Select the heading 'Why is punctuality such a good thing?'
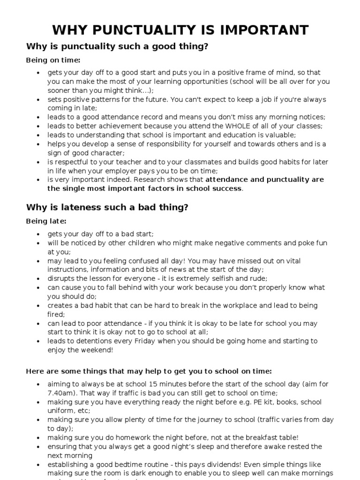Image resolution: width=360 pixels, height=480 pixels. click(117, 46)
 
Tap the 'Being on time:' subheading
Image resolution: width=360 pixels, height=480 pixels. click(53, 60)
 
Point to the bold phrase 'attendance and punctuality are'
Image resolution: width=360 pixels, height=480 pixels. click(264, 180)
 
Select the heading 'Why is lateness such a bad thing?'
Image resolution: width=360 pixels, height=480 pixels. click(107, 207)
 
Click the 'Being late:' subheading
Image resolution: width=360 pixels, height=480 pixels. click(46, 221)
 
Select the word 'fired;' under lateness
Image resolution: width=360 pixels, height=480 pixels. click(56, 315)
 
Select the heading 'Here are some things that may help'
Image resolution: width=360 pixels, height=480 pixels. click(149, 371)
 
